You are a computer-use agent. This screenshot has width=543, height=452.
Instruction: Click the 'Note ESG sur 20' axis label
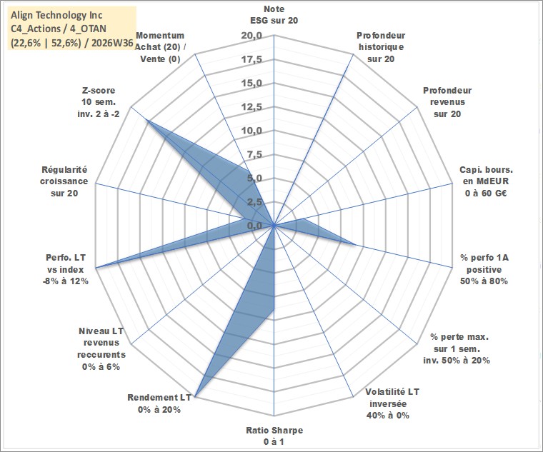pyautogui.click(x=274, y=14)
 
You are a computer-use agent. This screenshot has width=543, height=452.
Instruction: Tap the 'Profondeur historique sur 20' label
pyautogui.click(x=381, y=47)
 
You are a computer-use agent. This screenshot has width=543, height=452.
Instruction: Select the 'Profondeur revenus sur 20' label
pyautogui.click(x=447, y=102)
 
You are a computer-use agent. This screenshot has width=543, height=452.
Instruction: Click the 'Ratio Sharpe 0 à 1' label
pyautogui.click(x=274, y=436)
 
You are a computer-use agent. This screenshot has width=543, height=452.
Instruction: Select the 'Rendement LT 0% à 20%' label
pyautogui.click(x=159, y=403)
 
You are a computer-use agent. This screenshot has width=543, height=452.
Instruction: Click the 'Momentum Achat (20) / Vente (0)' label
pyautogui.click(x=160, y=47)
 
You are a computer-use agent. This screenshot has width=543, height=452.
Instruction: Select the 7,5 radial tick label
pyautogui.click(x=255, y=154)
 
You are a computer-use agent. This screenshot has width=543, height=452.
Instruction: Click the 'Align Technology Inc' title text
pyautogui.click(x=56, y=15)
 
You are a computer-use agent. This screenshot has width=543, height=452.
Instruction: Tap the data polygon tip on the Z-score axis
pyautogui.click(x=147, y=121)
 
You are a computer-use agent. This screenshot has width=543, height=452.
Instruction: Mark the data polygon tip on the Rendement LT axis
pyautogui.click(x=195, y=396)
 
